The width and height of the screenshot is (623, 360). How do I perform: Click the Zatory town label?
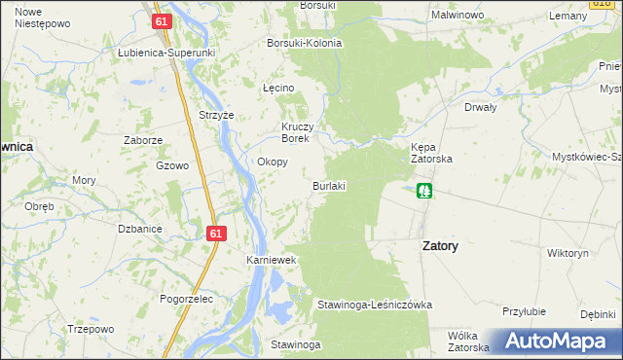(440, 246)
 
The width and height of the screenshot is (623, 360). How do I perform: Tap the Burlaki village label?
(330, 185)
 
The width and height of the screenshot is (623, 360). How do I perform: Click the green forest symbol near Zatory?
(424, 191)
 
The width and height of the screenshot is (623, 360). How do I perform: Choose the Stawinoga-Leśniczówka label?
(375, 305)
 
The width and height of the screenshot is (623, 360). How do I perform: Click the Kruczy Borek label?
(296, 132)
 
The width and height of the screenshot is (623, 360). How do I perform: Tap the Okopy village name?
(272, 162)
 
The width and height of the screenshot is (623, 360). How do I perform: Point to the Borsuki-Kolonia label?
(305, 44)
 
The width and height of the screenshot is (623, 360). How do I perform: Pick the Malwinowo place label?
(459, 17)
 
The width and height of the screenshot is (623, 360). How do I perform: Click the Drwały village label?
(481, 108)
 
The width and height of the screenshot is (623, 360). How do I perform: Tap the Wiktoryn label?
(568, 253)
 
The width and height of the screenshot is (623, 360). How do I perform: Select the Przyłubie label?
(521, 311)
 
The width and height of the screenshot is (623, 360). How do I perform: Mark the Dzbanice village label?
(139, 229)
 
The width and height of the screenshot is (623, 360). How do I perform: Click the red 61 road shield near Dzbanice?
(216, 234)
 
